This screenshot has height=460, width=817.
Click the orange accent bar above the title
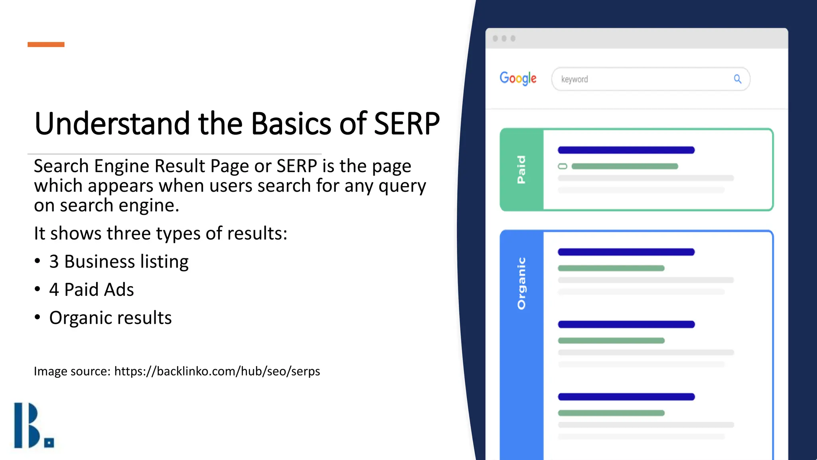tap(46, 44)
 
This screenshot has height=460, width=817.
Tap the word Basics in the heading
tap(291, 124)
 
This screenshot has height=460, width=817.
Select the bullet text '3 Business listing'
tap(118, 262)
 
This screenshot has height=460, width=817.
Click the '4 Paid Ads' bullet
tap(91, 290)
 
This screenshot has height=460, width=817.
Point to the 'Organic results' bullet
tap(110, 318)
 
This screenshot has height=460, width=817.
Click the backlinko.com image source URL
tap(217, 371)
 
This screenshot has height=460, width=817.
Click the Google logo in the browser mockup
tap(518, 79)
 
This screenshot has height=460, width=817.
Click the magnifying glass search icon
tap(738, 79)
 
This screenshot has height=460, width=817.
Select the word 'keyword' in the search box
tap(574, 79)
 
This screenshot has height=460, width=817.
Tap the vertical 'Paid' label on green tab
tap(521, 170)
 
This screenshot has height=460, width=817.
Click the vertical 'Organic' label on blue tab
tap(521, 284)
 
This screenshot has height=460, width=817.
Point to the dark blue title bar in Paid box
tap(626, 150)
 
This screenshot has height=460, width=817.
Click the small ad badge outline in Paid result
tap(562, 166)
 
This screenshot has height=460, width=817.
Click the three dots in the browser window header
tap(504, 38)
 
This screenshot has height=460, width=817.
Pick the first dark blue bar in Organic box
tap(626, 252)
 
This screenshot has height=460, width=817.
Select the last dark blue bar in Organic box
tap(626, 397)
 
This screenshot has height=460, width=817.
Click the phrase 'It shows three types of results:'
tap(160, 234)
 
